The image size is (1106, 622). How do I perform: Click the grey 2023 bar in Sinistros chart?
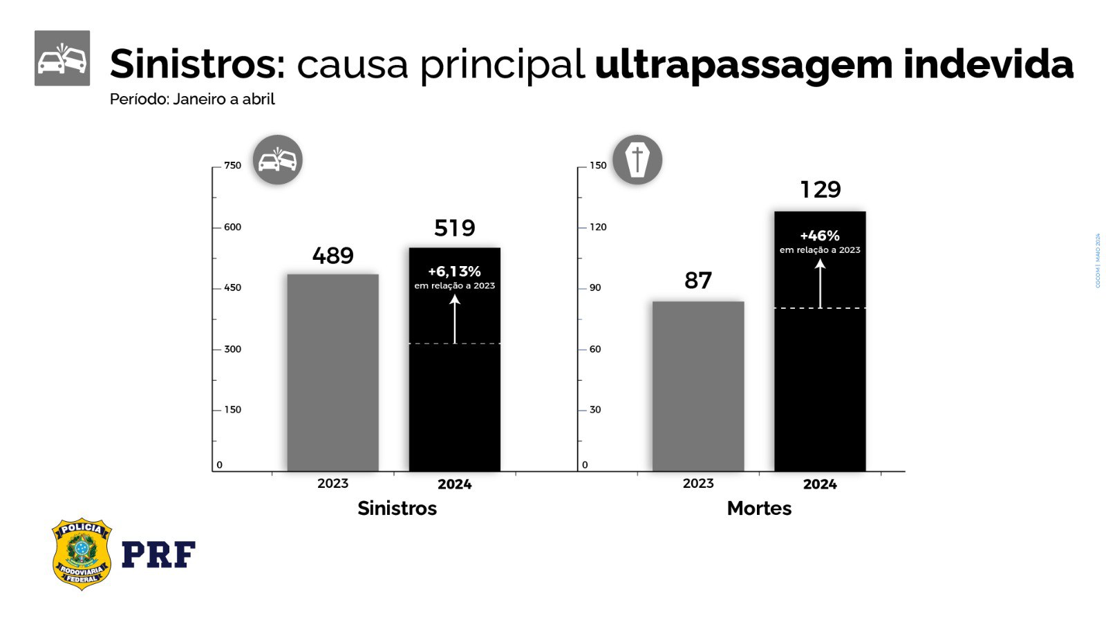click(x=332, y=373)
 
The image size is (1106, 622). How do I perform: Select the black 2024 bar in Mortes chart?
click(x=820, y=387)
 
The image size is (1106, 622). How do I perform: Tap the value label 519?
click(x=454, y=228)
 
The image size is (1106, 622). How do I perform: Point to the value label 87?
click(x=697, y=281)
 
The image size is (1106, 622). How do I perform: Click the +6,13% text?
click(x=454, y=272)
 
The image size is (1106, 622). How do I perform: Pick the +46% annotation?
click(x=820, y=236)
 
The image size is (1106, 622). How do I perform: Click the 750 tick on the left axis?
click(x=232, y=165)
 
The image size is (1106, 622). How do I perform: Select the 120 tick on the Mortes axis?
click(x=598, y=227)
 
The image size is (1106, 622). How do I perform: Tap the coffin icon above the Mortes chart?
click(x=637, y=160)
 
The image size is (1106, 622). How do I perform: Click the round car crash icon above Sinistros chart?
click(x=277, y=160)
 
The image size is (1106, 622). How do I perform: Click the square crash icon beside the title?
click(x=62, y=58)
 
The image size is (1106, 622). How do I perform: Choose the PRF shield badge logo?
click(x=82, y=554)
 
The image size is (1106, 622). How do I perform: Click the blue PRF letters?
click(x=158, y=554)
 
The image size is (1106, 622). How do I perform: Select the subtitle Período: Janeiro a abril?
click(x=192, y=100)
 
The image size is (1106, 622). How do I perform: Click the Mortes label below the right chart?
click(x=759, y=509)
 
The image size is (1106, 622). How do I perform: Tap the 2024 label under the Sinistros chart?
click(x=454, y=484)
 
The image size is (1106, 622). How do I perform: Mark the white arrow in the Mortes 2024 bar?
click(x=820, y=283)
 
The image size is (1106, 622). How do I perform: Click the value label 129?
click(x=820, y=189)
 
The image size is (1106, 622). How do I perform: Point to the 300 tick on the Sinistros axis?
click(x=232, y=349)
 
